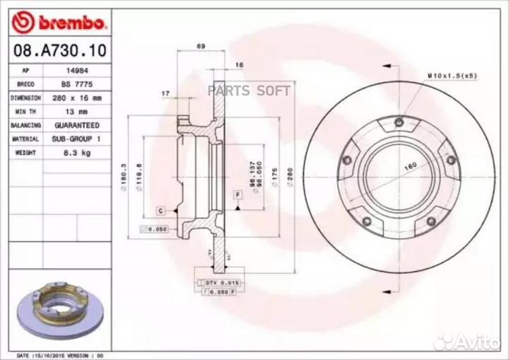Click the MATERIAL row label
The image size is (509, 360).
25,139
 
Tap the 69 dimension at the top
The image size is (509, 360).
201,46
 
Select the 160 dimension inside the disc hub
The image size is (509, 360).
410,166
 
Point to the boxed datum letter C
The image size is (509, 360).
160,211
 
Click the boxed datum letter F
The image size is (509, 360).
238,194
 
